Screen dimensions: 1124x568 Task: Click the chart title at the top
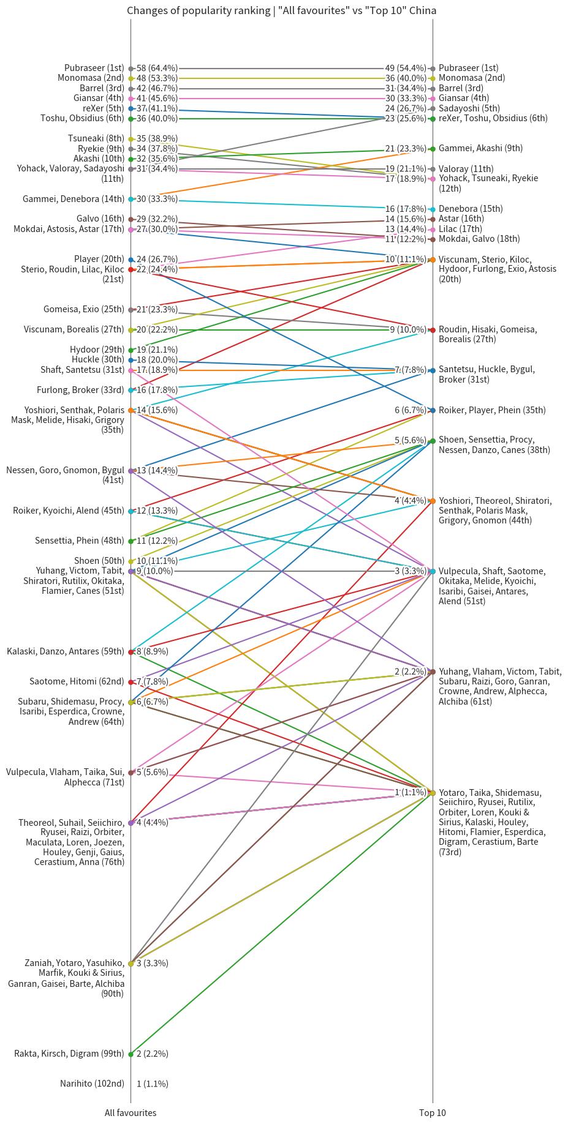[281, 10]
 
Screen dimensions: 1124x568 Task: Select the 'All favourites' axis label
[130, 1112]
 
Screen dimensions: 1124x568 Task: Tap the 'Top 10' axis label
[433, 1112]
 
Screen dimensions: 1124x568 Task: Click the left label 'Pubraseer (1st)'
[94, 68]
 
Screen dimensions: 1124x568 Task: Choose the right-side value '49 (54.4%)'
[406, 68]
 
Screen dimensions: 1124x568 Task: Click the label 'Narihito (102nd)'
[92, 1083]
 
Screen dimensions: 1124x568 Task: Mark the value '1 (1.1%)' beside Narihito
[152, 1083]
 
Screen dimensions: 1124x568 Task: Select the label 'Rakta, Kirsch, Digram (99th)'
[69, 1053]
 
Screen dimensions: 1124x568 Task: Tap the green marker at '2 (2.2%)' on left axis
[131, 1054]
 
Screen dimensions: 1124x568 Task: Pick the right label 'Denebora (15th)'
[471, 208]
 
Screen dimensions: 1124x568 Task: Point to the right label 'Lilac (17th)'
[460, 228]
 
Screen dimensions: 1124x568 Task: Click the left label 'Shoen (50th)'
[99, 560]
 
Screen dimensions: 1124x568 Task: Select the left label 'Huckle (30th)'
[97, 359]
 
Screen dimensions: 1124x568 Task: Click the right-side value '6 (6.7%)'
[410, 410]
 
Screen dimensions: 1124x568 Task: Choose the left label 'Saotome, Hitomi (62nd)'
[77, 681]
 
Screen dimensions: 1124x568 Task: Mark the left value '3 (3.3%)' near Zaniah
[152, 963]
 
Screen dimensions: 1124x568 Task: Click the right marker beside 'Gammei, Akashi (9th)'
[433, 148]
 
